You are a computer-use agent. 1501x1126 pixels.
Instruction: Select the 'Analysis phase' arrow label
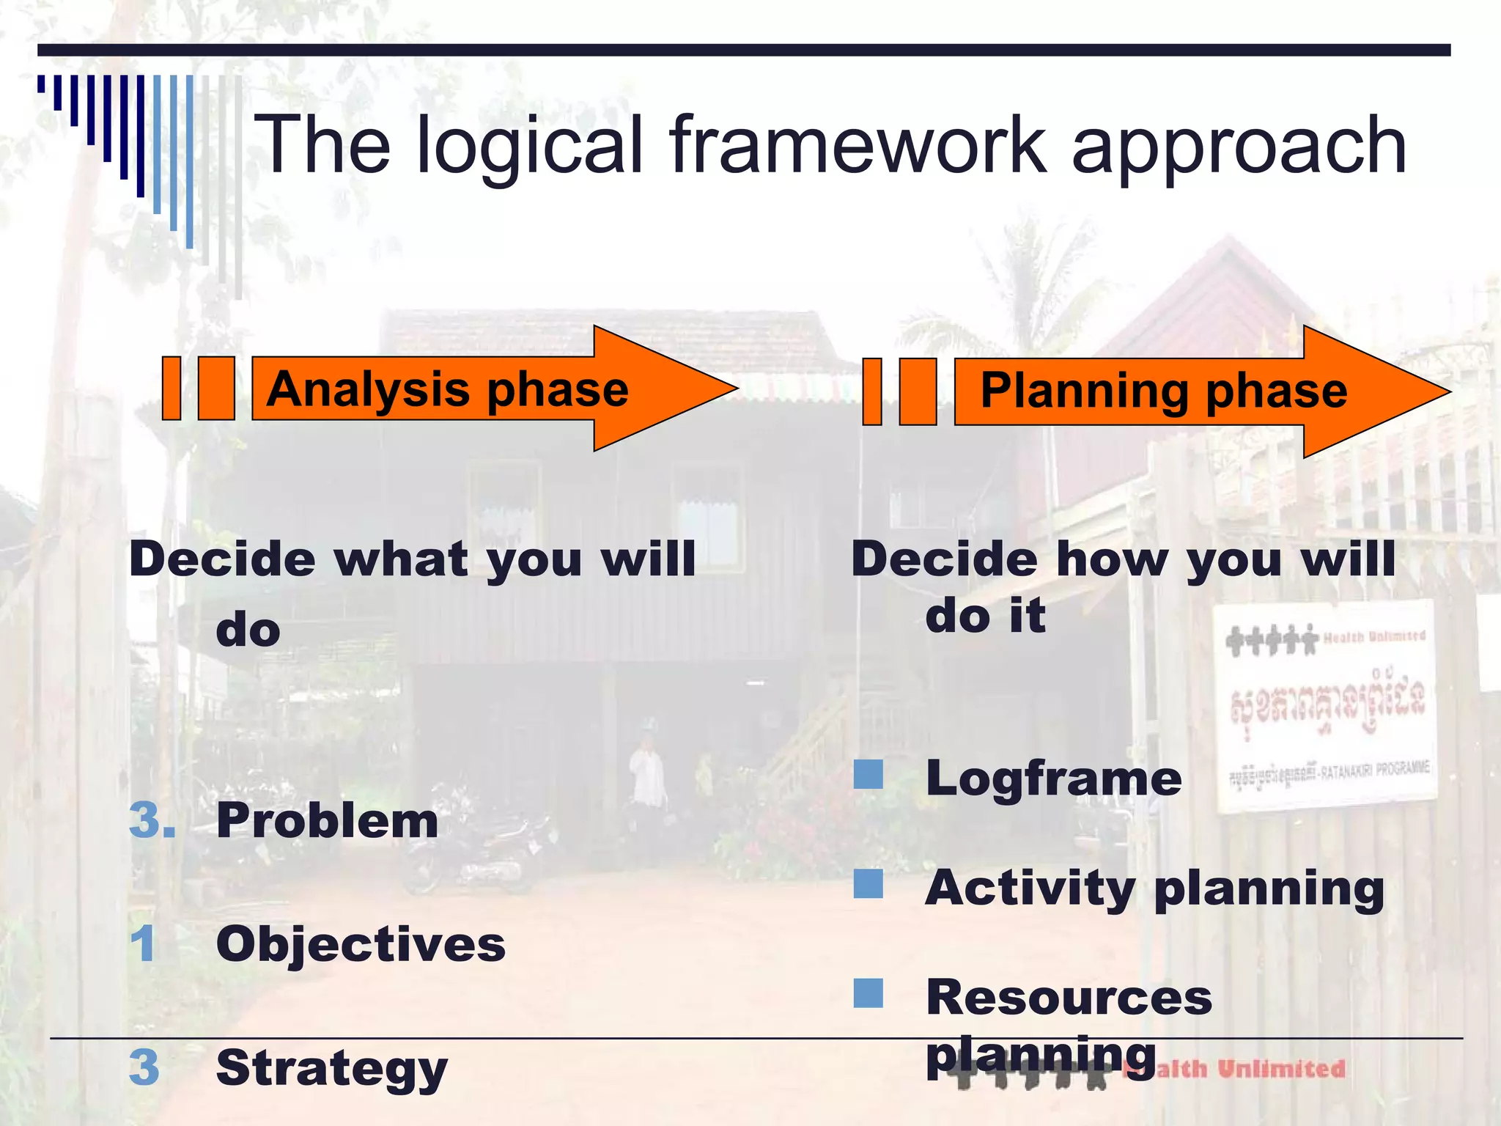tap(447, 389)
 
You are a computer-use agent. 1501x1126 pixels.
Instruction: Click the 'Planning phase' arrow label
tap(1163, 391)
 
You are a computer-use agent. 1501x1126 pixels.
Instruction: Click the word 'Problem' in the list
tap(327, 820)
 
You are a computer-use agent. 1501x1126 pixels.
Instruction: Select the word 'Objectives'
tap(361, 944)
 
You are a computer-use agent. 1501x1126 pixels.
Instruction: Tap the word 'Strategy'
tap(331, 1069)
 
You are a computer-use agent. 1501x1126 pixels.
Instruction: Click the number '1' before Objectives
tap(143, 943)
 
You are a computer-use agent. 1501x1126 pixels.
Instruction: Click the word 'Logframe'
tap(1053, 778)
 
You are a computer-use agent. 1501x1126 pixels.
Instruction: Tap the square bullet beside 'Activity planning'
tap(868, 884)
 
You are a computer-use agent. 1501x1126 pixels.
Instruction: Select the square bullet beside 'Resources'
tap(868, 993)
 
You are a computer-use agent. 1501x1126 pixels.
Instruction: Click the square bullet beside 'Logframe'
tap(868, 774)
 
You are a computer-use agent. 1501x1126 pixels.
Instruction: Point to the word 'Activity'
tap(1030, 888)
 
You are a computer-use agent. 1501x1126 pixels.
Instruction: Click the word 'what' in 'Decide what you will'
tap(402, 559)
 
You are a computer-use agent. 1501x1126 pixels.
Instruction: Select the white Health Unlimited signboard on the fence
tap(1325, 706)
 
